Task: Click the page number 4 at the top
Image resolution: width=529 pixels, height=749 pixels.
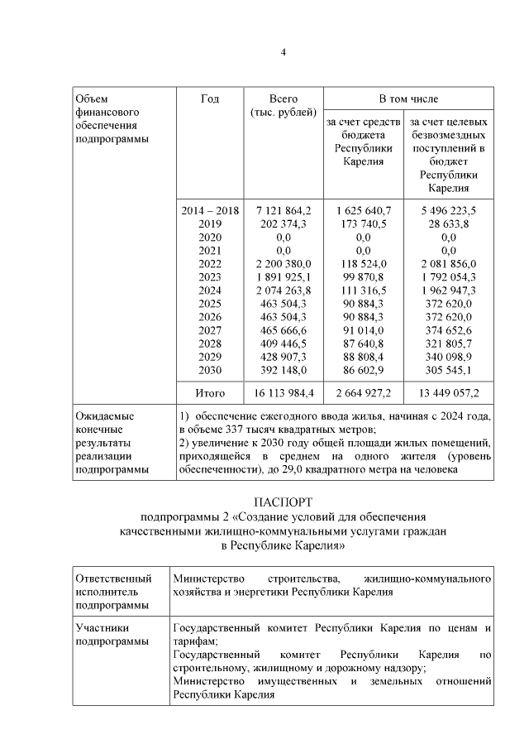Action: click(x=283, y=52)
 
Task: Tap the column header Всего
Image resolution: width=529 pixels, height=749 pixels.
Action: click(x=283, y=98)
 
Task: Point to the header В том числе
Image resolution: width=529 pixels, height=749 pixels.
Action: click(x=408, y=98)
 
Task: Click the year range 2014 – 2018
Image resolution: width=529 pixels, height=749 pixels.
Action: click(x=210, y=210)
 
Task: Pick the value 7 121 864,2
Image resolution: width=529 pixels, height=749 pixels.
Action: click(x=284, y=210)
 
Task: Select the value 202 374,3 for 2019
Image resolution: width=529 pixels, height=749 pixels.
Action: click(x=284, y=223)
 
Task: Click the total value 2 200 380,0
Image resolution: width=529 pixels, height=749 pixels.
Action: click(x=284, y=263)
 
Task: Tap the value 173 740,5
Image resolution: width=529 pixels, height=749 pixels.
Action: click(x=363, y=223)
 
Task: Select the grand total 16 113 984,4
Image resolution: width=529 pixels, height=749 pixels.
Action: click(x=284, y=391)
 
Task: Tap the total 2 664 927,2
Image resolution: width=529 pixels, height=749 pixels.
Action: click(x=363, y=391)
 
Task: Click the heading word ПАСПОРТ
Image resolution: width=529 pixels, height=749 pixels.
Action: click(x=283, y=503)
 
